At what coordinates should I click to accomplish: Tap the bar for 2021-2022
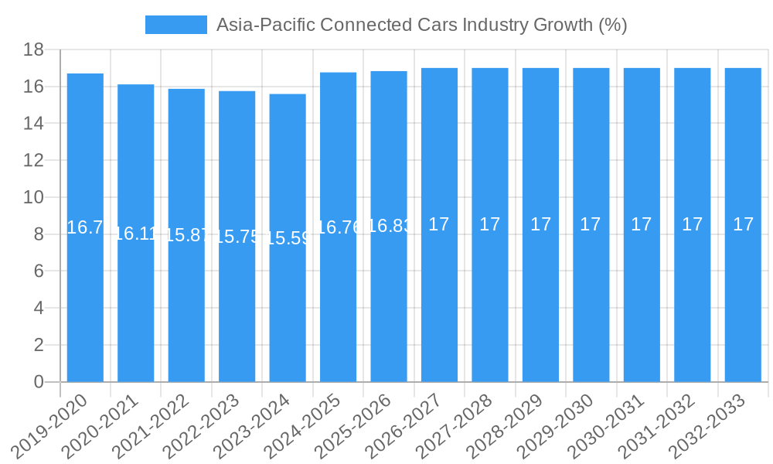186,235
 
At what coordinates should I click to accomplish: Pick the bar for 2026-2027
439,225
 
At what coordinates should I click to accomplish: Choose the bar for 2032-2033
743,225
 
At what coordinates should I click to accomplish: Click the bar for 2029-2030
591,225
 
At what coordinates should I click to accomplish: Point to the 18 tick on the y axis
33,50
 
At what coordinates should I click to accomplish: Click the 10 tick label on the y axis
33,197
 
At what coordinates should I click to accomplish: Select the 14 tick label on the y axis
33,124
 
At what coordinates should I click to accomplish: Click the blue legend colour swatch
176,25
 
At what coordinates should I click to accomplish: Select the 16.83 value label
389,226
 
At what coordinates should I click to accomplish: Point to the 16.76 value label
338,227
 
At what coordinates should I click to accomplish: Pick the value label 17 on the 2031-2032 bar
693,224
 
